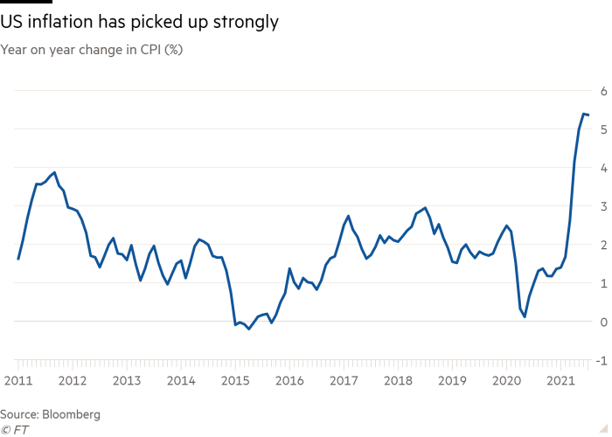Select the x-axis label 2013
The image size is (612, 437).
click(x=126, y=381)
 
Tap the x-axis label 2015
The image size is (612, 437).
click(x=235, y=381)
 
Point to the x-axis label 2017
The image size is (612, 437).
click(x=344, y=381)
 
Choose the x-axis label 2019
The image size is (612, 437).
click(x=452, y=381)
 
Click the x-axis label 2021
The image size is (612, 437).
click(x=560, y=381)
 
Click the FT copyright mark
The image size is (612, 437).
click(x=15, y=428)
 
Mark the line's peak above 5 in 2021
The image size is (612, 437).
click(x=584, y=113)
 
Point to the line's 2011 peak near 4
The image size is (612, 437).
click(x=55, y=172)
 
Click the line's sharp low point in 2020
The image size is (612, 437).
click(x=525, y=316)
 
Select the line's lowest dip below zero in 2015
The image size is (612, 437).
click(x=248, y=329)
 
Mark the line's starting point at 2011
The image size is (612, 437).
click(x=18, y=259)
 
